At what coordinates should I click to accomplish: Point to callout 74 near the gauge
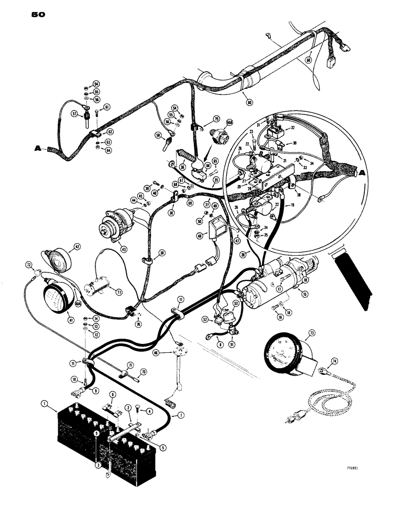[x=332, y=362]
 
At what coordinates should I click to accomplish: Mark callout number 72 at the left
[x=28, y=265]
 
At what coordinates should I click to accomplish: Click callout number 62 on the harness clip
[x=110, y=132]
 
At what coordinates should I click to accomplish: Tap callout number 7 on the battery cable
[x=181, y=416]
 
